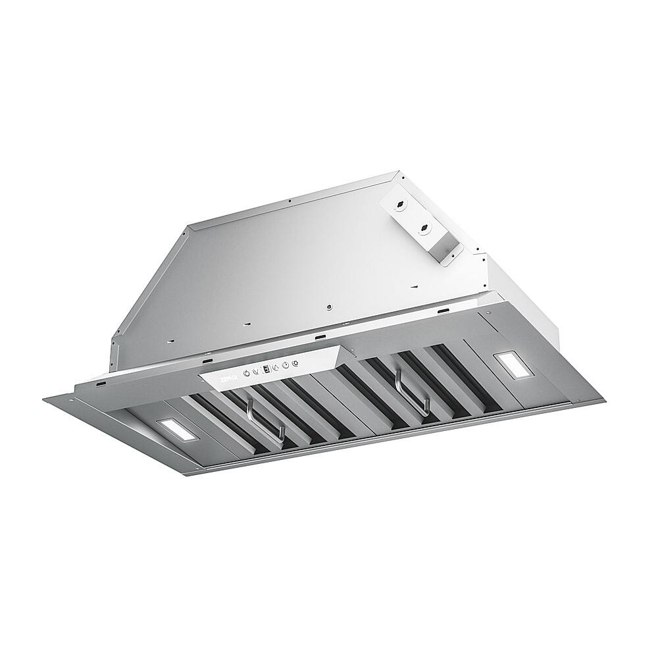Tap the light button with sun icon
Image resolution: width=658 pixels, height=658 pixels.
295,364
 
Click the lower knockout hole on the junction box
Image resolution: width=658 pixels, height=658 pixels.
424,230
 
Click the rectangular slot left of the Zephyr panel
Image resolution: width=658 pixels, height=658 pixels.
208,362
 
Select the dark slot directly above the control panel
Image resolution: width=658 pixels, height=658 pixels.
320,337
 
